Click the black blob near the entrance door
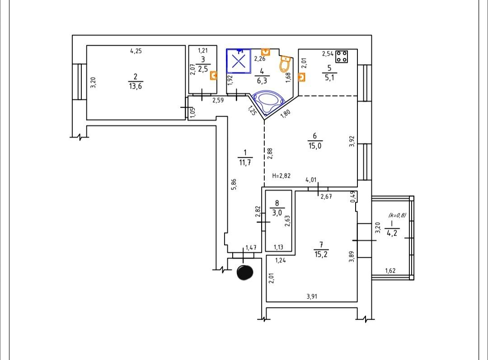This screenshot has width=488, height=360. (x=245, y=273)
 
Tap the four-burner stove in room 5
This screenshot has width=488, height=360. (x=342, y=57)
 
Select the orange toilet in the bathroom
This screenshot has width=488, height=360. (x=285, y=64)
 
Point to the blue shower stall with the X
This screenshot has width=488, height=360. (x=239, y=61)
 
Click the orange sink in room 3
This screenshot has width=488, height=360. (x=213, y=76)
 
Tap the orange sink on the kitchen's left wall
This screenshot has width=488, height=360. (x=301, y=77)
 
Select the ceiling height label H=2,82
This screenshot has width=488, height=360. (x=282, y=175)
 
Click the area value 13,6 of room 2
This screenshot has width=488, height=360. (x=136, y=86)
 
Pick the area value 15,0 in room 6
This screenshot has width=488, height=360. (x=315, y=146)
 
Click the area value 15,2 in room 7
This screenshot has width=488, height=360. (x=321, y=255)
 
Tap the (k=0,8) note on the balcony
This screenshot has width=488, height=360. (x=397, y=215)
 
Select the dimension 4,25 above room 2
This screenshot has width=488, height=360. (x=136, y=51)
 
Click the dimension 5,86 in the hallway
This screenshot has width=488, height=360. (x=234, y=184)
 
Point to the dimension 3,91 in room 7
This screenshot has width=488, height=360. (x=312, y=297)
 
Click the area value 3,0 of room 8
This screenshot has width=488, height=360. (x=277, y=213)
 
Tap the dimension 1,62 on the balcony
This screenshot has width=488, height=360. (x=390, y=270)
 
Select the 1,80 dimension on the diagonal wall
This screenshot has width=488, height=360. (x=286, y=113)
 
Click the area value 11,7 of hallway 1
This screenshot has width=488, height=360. (x=245, y=162)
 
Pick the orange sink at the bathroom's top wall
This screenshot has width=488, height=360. (x=265, y=52)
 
